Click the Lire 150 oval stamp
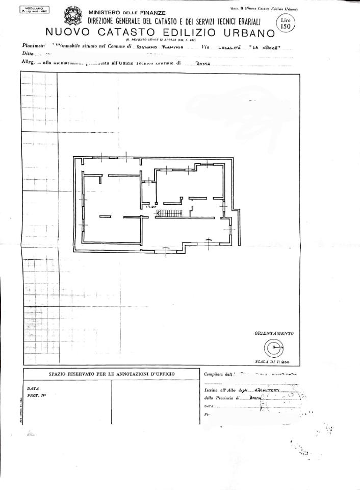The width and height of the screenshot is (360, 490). coord(285,23)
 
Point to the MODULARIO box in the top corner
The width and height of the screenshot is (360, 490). coord(34,10)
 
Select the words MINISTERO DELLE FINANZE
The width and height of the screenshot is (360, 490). coord(126,12)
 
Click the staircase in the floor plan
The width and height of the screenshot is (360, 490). coord(169,213)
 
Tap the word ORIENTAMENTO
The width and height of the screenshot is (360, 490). coord(274,333)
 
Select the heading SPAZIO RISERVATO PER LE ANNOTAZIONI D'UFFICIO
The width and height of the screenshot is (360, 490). coord(111,374)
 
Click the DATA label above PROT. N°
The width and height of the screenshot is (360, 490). coord(33,388)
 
